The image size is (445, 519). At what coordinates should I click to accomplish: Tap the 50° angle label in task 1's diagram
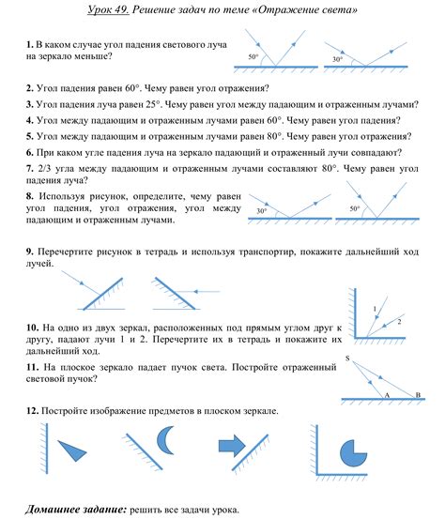(x=253, y=58)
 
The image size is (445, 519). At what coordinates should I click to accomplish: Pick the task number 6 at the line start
(x=30, y=151)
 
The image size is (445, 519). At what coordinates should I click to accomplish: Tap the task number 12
(x=33, y=412)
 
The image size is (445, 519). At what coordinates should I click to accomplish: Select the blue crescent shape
(x=165, y=440)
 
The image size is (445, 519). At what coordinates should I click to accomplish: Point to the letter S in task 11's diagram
(x=348, y=359)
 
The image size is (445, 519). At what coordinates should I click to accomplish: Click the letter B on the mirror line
(x=417, y=396)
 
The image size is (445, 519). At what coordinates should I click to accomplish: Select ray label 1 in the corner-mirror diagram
(x=375, y=309)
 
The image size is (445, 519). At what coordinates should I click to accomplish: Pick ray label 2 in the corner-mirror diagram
(x=398, y=322)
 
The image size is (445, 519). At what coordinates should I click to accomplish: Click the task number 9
(x=30, y=252)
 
